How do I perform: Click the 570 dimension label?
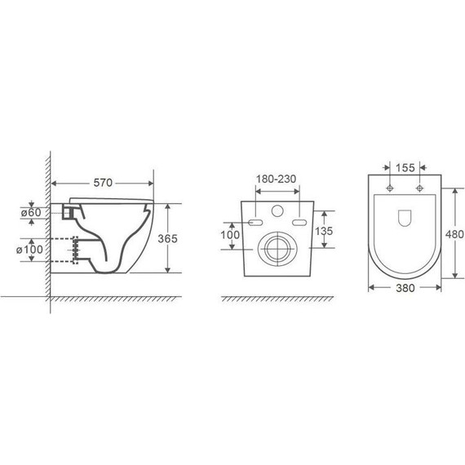103,183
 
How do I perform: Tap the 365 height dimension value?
167,238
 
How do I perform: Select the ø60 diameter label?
31,212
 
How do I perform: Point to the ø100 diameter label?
29,250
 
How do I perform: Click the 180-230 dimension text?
276,179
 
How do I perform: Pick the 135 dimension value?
324,231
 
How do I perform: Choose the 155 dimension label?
405,168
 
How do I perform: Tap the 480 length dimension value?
454,234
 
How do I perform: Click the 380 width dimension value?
405,288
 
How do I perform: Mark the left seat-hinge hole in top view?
390,188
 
